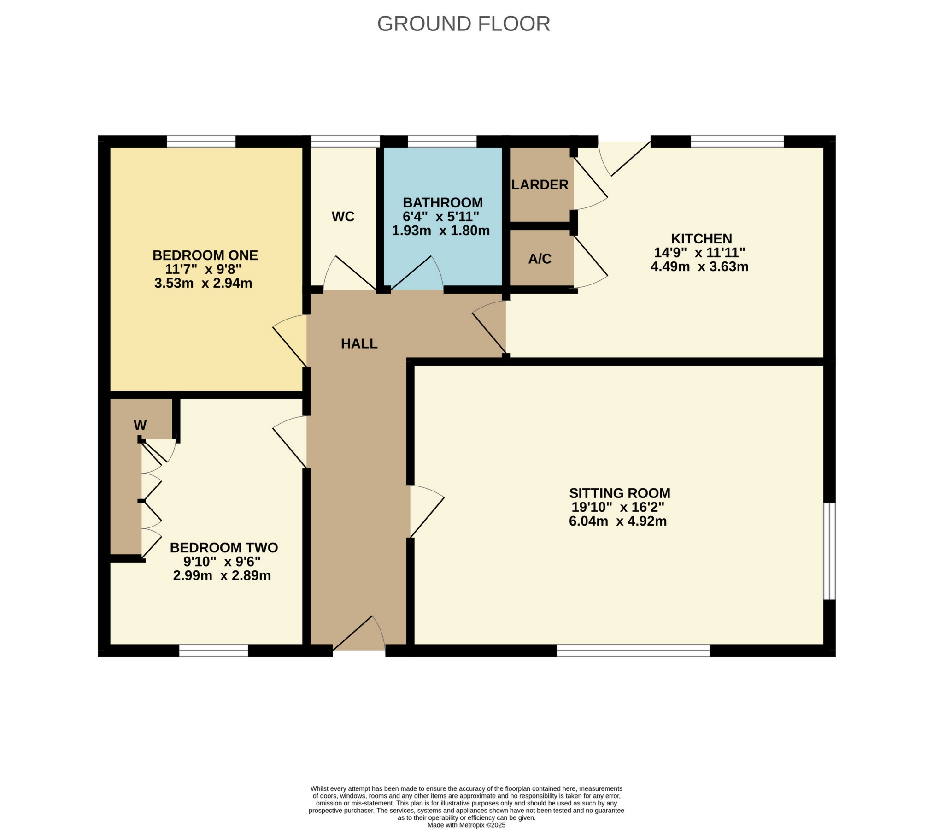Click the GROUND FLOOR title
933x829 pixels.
[464, 24]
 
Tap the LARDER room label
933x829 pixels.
[540, 185]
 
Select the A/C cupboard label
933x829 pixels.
[540, 259]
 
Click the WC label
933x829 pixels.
[343, 217]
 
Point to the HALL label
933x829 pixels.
[359, 343]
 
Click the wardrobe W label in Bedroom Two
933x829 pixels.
[140, 425]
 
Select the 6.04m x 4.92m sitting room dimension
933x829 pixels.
[618, 521]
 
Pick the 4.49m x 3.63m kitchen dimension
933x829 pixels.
[699, 266]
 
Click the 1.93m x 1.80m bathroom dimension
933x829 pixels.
[440, 231]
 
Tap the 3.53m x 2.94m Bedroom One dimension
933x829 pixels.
[203, 283]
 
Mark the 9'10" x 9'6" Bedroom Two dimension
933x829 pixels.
[222, 562]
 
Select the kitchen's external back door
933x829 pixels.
[624, 157]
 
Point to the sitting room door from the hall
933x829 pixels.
[426, 512]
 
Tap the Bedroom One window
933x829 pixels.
[201, 141]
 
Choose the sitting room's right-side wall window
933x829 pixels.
[829, 551]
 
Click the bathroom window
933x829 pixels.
[442, 141]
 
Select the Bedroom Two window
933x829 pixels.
[213, 651]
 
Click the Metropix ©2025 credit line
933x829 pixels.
[466, 825]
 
